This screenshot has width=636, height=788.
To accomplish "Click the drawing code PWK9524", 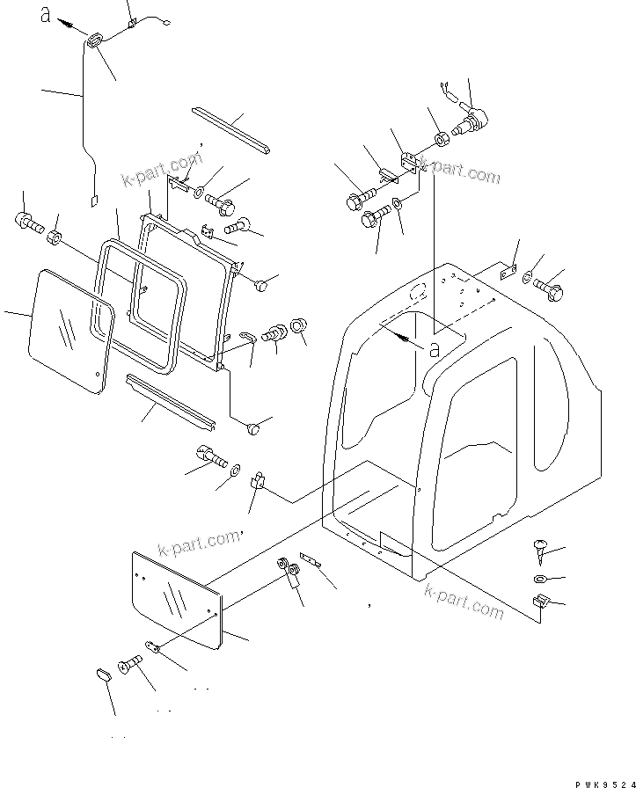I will point(590,771).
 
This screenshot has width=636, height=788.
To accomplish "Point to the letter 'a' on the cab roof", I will point(433,348).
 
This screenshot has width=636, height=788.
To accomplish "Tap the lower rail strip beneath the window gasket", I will point(171,399).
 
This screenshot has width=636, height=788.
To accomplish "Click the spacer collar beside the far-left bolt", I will point(55,237).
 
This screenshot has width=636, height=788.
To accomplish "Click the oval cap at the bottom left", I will point(101,676).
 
